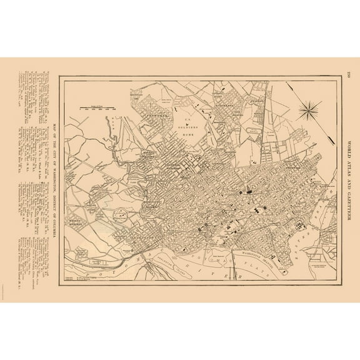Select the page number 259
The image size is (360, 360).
(x=349, y=76)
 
